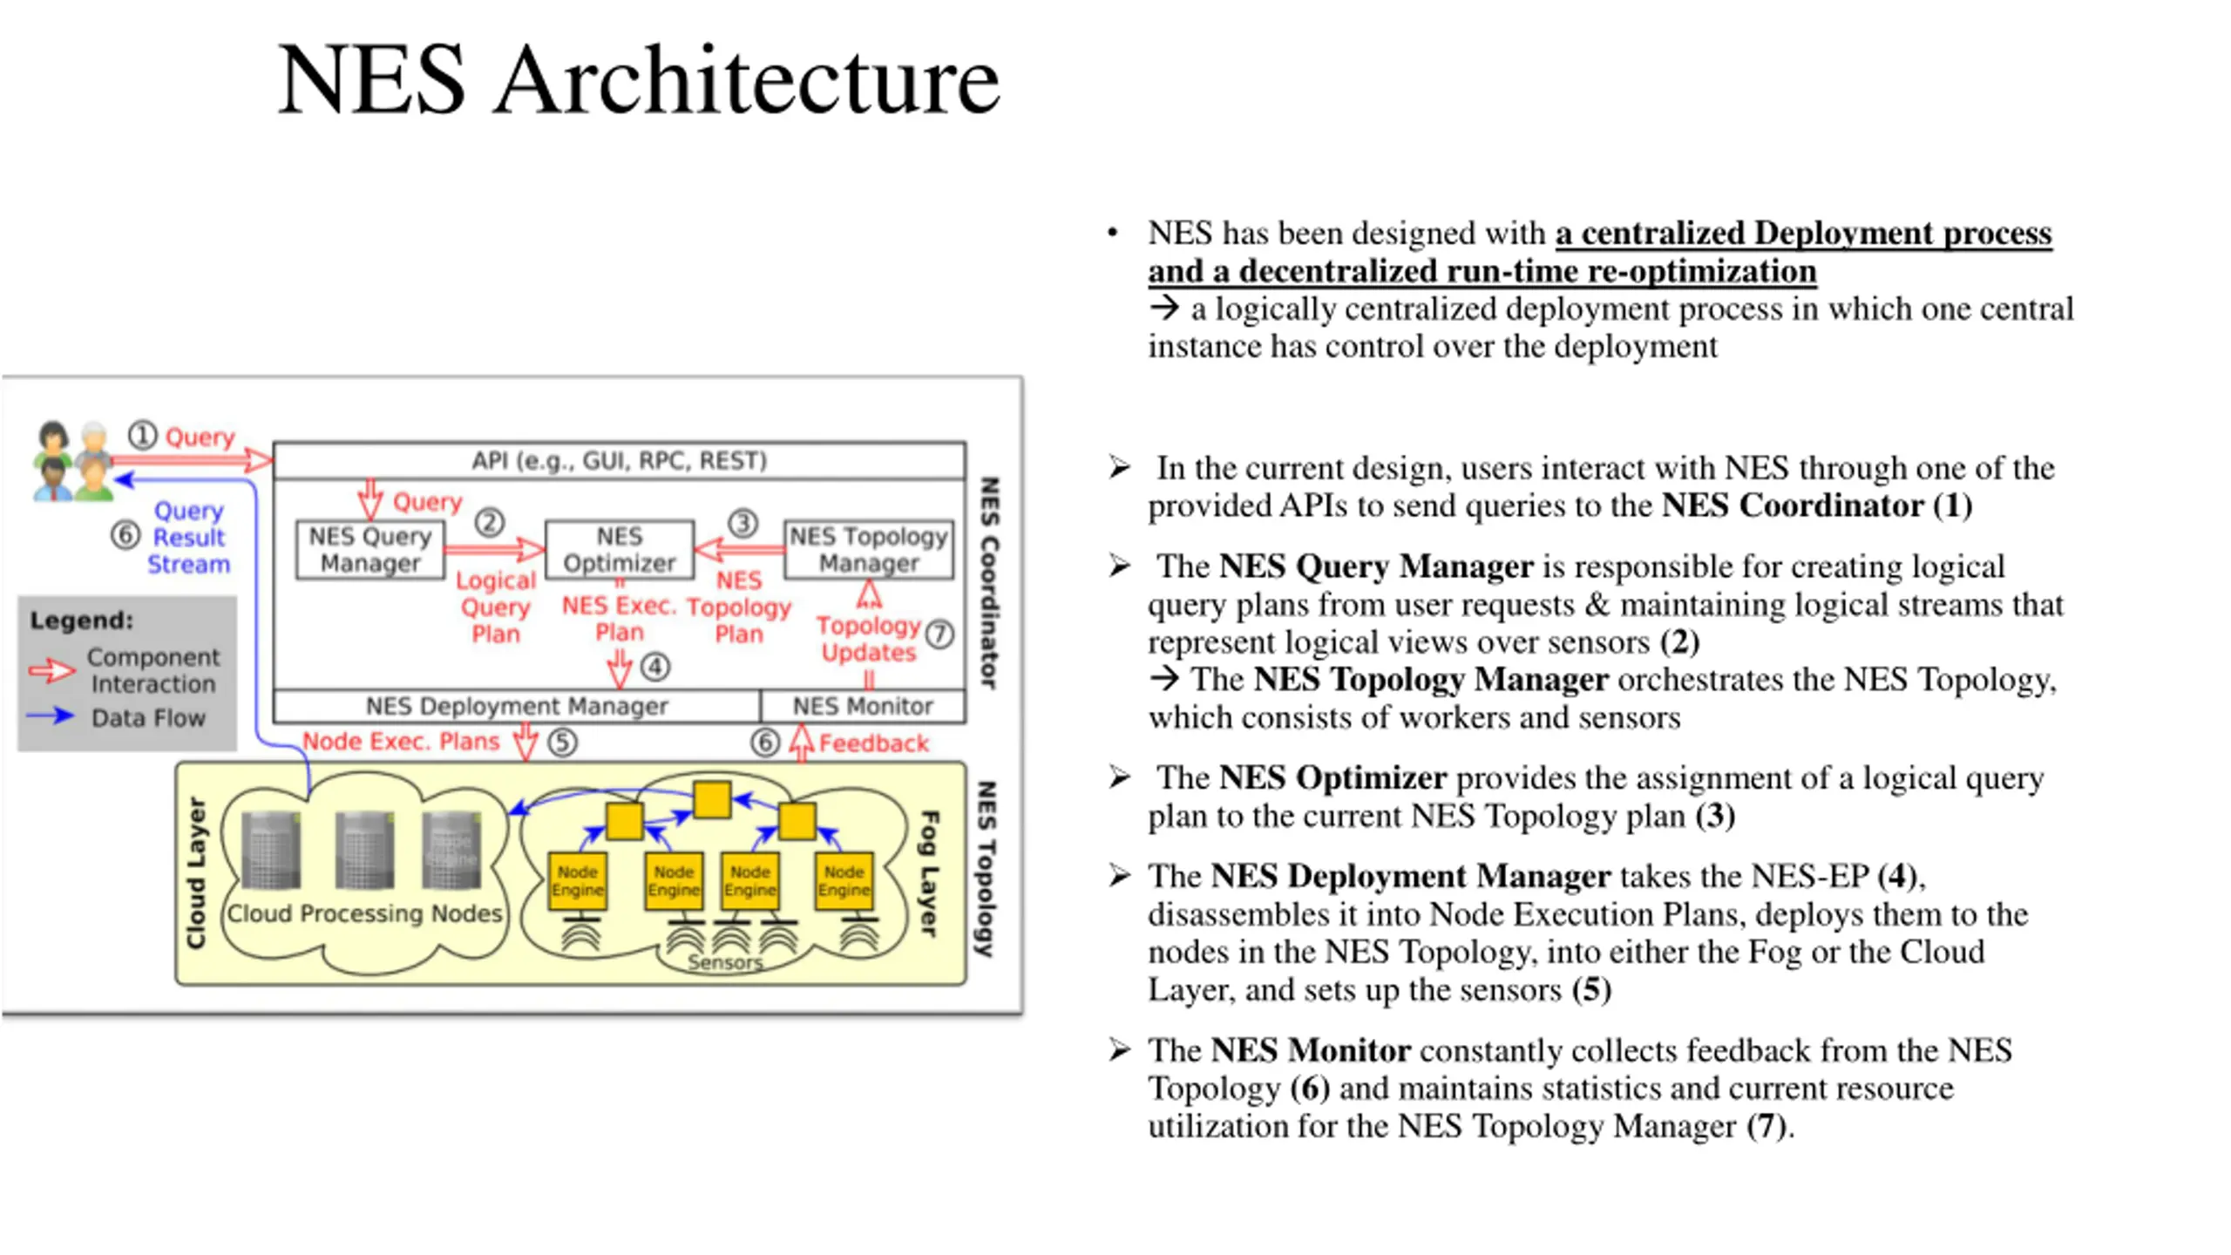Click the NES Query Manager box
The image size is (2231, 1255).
pos(370,549)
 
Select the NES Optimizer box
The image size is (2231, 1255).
pos(619,549)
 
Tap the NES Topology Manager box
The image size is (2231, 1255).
pos(868,549)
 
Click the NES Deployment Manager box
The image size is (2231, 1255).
pos(516,706)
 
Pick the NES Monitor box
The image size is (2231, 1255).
pos(862,706)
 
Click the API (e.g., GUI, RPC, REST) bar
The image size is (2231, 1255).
pos(619,460)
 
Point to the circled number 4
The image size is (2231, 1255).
pos(655,668)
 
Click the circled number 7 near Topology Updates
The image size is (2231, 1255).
pos(939,634)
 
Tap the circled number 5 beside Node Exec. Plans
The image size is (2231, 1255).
pos(563,743)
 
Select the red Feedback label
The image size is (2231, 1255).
pos(873,743)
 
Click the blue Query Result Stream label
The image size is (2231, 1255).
pos(188,537)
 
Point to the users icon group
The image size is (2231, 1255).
pos(73,462)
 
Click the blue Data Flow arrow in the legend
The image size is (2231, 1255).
pos(51,716)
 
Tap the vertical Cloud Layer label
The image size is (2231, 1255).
pos(196,872)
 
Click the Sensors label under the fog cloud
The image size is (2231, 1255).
pos(724,962)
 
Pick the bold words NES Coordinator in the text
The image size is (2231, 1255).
pos(1792,505)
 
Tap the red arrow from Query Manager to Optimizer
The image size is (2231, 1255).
pos(493,549)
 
